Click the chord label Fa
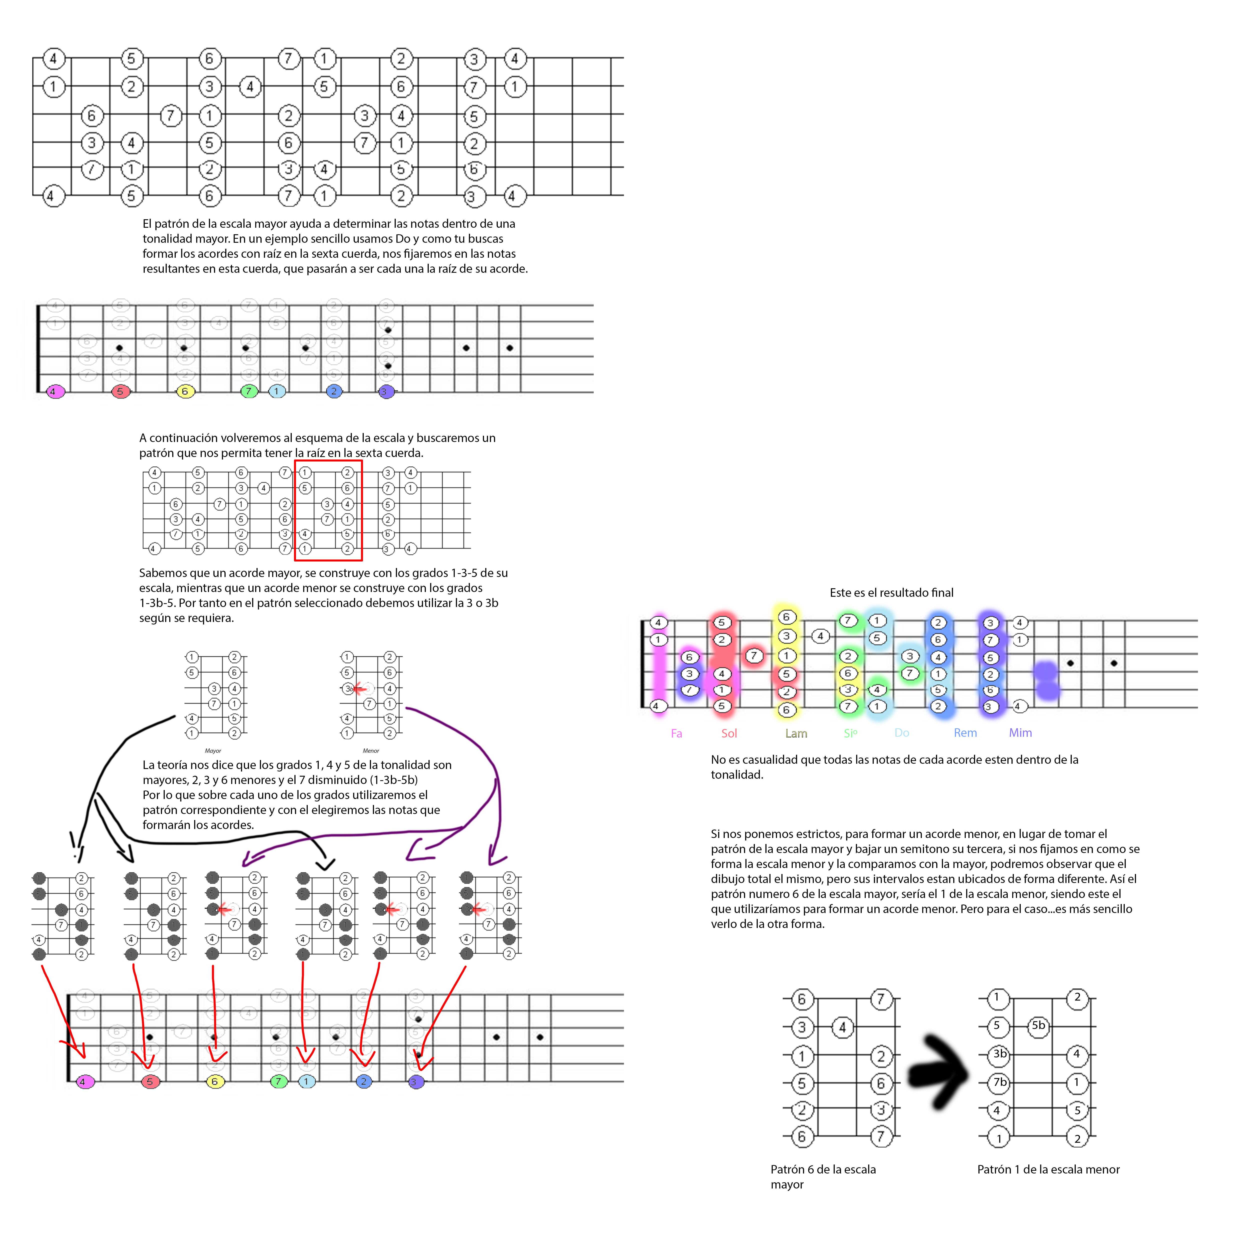[x=676, y=733]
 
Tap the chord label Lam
[x=796, y=733]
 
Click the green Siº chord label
[x=850, y=733]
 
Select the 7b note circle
[x=999, y=1082]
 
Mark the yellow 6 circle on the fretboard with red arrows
[x=215, y=1081]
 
